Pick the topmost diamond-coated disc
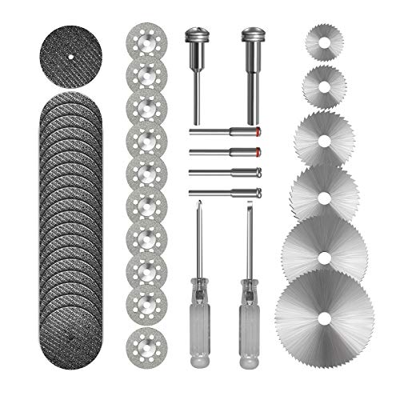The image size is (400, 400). pyautogui.click(x=146, y=39)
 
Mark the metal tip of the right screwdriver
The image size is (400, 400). pyautogui.click(x=249, y=211)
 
